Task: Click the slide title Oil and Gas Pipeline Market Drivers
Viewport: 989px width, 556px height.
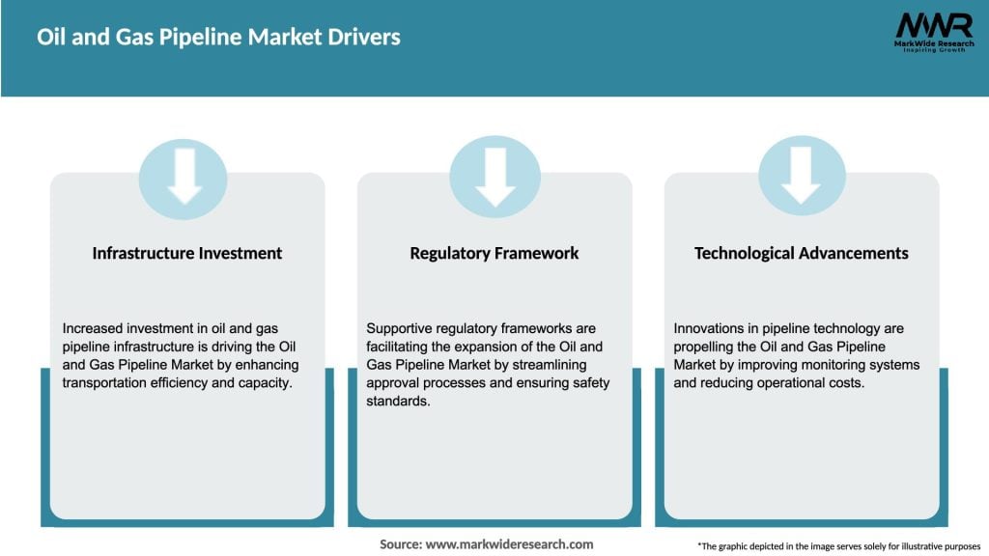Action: pos(218,38)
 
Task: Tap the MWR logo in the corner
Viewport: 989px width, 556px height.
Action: pos(933,25)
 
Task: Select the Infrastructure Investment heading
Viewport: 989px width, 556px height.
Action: pos(187,253)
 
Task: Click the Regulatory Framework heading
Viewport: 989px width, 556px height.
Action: pos(494,253)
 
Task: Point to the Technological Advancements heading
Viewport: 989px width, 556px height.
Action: pos(802,253)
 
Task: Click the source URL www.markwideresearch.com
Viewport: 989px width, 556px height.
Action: pos(510,544)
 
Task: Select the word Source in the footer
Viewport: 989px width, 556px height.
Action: pos(399,544)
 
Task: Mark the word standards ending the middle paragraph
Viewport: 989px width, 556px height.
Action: pos(398,401)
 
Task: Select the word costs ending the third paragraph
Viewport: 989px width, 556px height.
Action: pos(845,382)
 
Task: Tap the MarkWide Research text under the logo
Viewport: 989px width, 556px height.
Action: pos(933,44)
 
